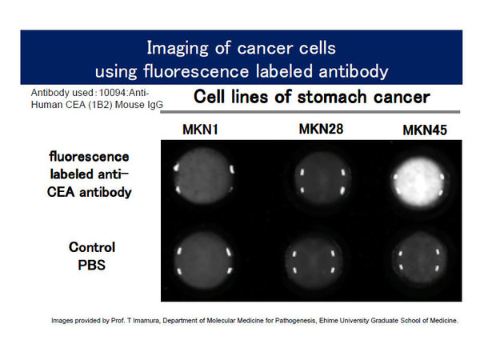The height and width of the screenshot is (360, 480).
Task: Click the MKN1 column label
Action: pos(200,130)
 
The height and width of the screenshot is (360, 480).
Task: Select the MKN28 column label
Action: pos(321,129)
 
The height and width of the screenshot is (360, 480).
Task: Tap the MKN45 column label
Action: pos(425,130)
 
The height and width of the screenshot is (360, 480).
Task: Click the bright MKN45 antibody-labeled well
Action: pos(419,183)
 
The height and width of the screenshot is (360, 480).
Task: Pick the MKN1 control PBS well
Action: pos(204,261)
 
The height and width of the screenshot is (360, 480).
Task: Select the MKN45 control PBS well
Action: pos(419,260)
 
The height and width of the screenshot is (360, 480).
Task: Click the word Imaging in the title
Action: pos(178,48)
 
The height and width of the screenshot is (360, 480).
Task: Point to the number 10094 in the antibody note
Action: pos(112,93)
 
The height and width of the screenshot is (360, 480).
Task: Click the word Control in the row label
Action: pos(92,247)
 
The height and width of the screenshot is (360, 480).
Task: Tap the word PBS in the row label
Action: pos(91,265)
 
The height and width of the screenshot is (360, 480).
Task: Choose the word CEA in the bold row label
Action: pos(61,192)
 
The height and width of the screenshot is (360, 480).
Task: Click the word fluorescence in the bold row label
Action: pos(89,157)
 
